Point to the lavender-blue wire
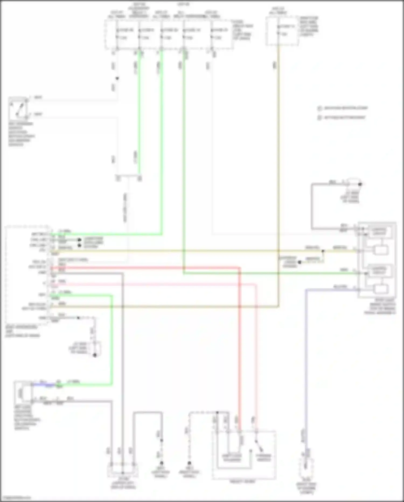(306, 351)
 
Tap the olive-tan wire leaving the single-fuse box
(278, 162)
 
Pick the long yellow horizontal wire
(189, 251)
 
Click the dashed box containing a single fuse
(282, 31)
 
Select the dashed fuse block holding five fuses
(169, 35)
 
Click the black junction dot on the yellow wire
(323, 251)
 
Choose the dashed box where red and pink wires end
(244, 455)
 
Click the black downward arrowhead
(117, 78)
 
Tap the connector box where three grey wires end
(123, 470)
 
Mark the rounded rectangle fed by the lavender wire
(380, 289)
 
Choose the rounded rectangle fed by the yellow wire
(380, 250)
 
